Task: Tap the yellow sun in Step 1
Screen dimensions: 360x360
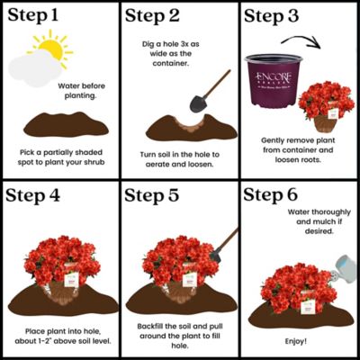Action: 50,50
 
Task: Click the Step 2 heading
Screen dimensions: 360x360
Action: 156,17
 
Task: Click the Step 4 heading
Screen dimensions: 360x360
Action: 35,197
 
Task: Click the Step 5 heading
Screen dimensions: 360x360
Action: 156,197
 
